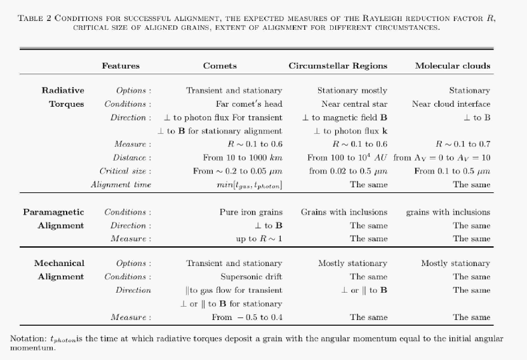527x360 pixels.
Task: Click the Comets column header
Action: [x=220, y=66]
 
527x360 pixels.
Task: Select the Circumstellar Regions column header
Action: [x=338, y=66]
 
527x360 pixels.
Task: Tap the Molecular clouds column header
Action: [x=452, y=66]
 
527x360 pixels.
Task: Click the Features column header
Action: [x=121, y=66]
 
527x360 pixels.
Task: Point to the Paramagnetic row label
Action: [x=53, y=212]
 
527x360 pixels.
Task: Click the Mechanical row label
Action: [x=59, y=263]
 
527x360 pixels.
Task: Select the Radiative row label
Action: [x=63, y=91]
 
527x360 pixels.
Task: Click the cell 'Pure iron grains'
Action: [x=251, y=212]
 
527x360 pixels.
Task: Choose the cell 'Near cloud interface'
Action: [x=451, y=104]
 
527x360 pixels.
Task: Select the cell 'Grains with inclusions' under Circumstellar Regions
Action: [x=344, y=212]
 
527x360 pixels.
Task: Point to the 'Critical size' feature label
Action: [x=125, y=171]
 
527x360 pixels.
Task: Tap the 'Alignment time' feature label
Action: [x=121, y=185]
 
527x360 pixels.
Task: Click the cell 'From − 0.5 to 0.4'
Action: [x=247, y=317]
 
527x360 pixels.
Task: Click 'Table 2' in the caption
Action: [x=36, y=18]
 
